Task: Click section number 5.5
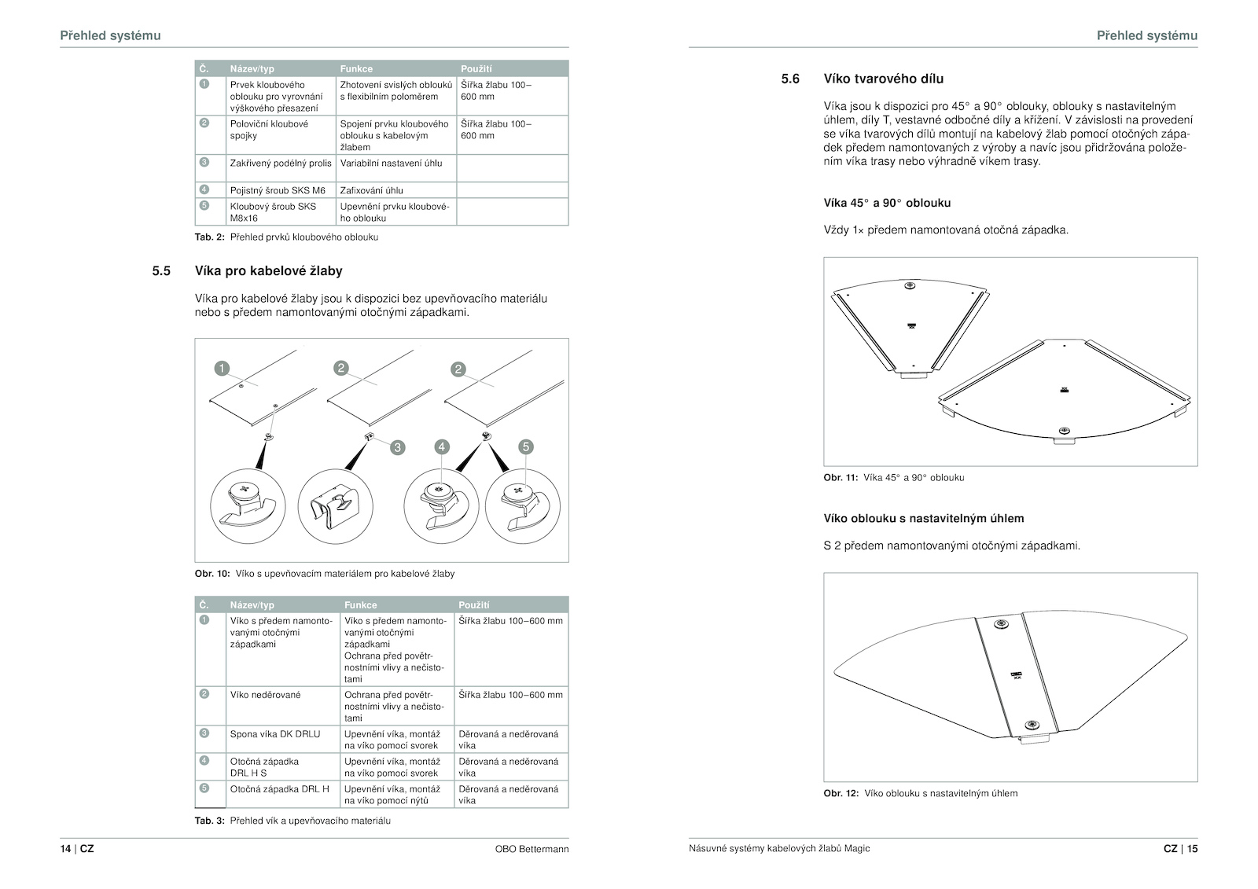pos(161,271)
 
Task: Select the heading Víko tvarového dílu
pos(883,79)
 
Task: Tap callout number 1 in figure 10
pos(222,369)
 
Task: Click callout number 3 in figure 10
pos(398,447)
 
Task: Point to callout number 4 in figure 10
pos(442,447)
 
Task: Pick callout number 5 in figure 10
pos(526,447)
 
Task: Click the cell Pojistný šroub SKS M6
pos(278,190)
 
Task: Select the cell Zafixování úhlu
pos(371,190)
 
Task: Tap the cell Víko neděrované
pos(265,695)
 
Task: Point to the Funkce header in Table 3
pos(360,605)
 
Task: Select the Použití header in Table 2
pos(476,69)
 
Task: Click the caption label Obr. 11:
pos(841,478)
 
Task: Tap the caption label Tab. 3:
pos(210,821)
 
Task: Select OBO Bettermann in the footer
pos(532,849)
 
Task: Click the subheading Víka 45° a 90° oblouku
pos(887,203)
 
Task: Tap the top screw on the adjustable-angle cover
pos(1000,624)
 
